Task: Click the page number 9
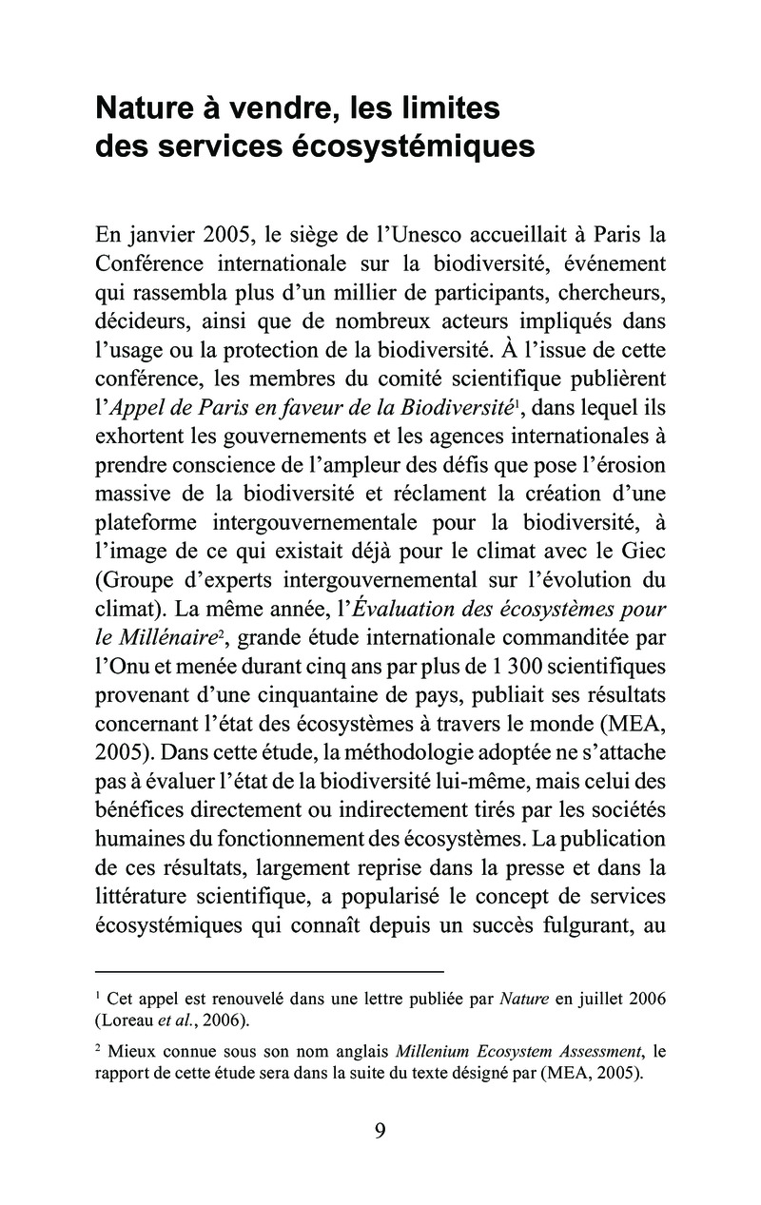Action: pos(380,1130)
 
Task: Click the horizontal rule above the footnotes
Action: pos(270,971)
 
